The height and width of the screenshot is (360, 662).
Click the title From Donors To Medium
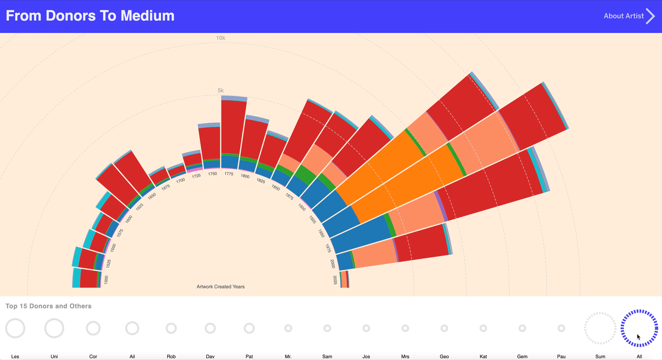pyautogui.click(x=90, y=16)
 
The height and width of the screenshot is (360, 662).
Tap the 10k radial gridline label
pyautogui.click(x=221, y=38)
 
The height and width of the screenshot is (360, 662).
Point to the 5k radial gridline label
pyautogui.click(x=221, y=91)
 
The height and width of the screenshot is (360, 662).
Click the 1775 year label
pyautogui.click(x=229, y=174)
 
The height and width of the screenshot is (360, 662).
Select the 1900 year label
pyautogui.click(x=302, y=207)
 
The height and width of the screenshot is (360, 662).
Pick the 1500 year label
pyautogui.click(x=106, y=280)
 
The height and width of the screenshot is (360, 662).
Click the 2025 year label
pyautogui.click(x=335, y=280)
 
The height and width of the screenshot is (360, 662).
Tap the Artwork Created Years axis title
pyautogui.click(x=221, y=287)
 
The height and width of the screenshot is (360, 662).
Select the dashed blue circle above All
pyautogui.click(x=639, y=328)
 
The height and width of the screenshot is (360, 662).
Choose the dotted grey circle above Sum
pyautogui.click(x=600, y=328)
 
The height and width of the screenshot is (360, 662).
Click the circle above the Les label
pyautogui.click(x=15, y=328)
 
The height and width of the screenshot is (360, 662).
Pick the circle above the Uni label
pyautogui.click(x=54, y=328)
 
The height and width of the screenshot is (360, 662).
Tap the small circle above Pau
pyautogui.click(x=561, y=328)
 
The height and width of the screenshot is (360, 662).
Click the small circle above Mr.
pyautogui.click(x=288, y=328)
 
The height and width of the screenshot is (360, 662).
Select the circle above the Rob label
pyautogui.click(x=171, y=328)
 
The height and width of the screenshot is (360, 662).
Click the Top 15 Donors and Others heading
pyautogui.click(x=48, y=306)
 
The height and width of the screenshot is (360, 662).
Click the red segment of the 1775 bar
pyautogui.click(x=234, y=126)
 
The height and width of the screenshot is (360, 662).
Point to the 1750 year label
pyautogui.click(x=212, y=174)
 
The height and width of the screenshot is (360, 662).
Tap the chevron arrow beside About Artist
pyautogui.click(x=651, y=16)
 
